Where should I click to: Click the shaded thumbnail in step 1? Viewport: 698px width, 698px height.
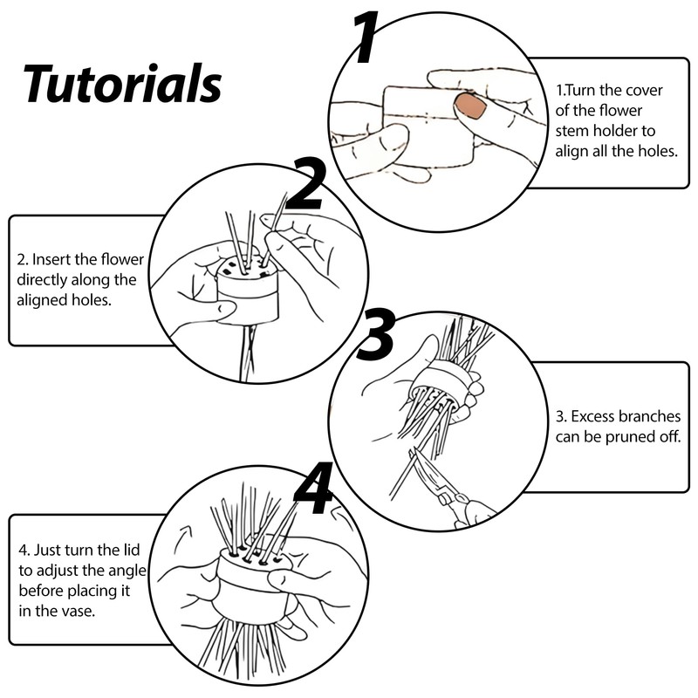[x=472, y=107]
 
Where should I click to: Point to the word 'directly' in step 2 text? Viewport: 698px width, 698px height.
[x=44, y=280]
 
